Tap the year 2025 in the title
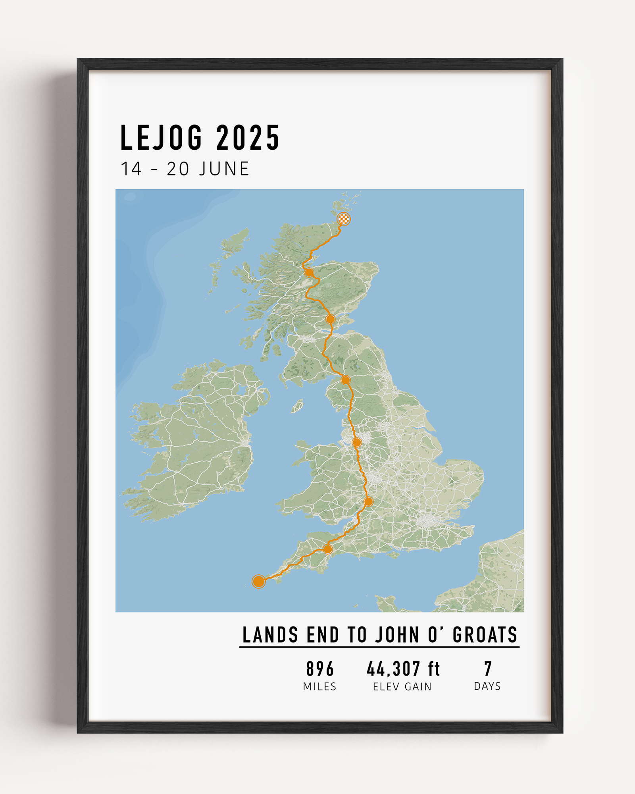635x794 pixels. point(248,138)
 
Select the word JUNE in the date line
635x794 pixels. point(224,169)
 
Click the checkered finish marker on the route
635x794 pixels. point(344,219)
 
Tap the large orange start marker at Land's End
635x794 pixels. point(259,581)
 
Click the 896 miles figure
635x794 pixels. point(320,669)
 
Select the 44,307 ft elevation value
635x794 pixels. point(403,669)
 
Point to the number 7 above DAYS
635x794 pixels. point(488,669)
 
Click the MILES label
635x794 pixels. point(319,687)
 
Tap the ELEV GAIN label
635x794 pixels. point(402,687)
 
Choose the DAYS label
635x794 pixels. point(487,686)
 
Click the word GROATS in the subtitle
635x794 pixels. point(485,635)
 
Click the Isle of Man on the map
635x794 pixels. point(297,406)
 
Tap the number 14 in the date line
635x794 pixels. point(131,169)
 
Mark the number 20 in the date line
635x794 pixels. point(178,169)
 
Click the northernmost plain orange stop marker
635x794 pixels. point(309,272)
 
